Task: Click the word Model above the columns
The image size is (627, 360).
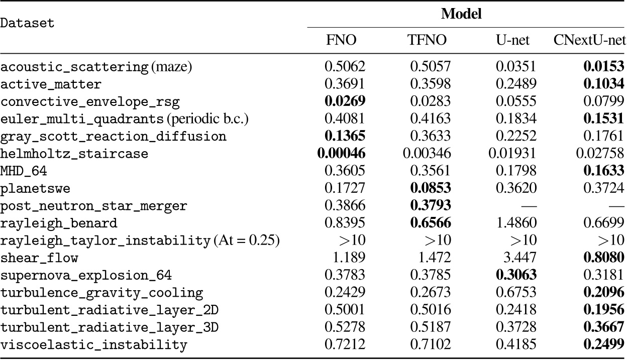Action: click(461, 14)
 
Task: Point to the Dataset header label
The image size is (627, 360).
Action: click(27, 24)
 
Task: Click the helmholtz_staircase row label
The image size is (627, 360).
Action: click(74, 154)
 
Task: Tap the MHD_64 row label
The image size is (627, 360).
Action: click(24, 171)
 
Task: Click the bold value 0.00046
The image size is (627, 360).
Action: click(340, 154)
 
